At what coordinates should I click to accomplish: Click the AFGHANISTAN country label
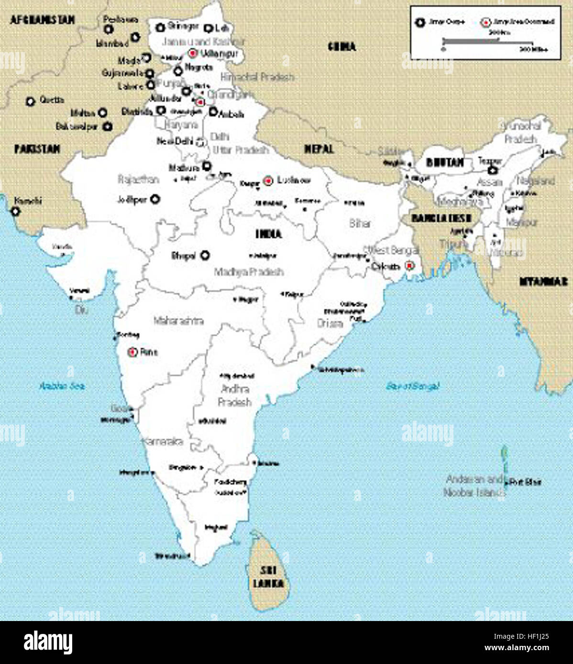pyautogui.click(x=43, y=20)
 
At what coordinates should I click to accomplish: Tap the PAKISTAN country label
pyautogui.click(x=37, y=149)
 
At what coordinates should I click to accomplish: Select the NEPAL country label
pyautogui.click(x=319, y=149)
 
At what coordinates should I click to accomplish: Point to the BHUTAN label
pyautogui.click(x=445, y=163)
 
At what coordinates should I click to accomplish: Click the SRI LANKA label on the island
pyautogui.click(x=268, y=577)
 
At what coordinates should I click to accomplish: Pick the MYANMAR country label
pyautogui.click(x=543, y=281)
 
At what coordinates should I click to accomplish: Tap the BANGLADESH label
pyautogui.click(x=441, y=218)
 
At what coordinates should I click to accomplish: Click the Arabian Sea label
pyautogui.click(x=62, y=386)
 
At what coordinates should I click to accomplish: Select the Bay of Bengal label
pyautogui.click(x=412, y=386)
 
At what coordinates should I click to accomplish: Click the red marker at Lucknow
pyautogui.click(x=268, y=181)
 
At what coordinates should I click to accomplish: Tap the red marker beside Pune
pyautogui.click(x=133, y=352)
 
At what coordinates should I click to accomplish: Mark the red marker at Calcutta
pyautogui.click(x=409, y=266)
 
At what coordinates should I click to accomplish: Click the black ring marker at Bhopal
pyautogui.click(x=205, y=255)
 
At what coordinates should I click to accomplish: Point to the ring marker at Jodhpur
pyautogui.click(x=155, y=199)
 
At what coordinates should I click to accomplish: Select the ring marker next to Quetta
pyautogui.click(x=31, y=101)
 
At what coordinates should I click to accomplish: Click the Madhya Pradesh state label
pyautogui.click(x=249, y=272)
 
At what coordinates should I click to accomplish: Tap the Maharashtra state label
pyautogui.click(x=178, y=321)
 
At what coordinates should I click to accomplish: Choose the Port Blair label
pyautogui.click(x=526, y=482)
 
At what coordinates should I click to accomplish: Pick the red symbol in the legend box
pyautogui.click(x=486, y=22)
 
